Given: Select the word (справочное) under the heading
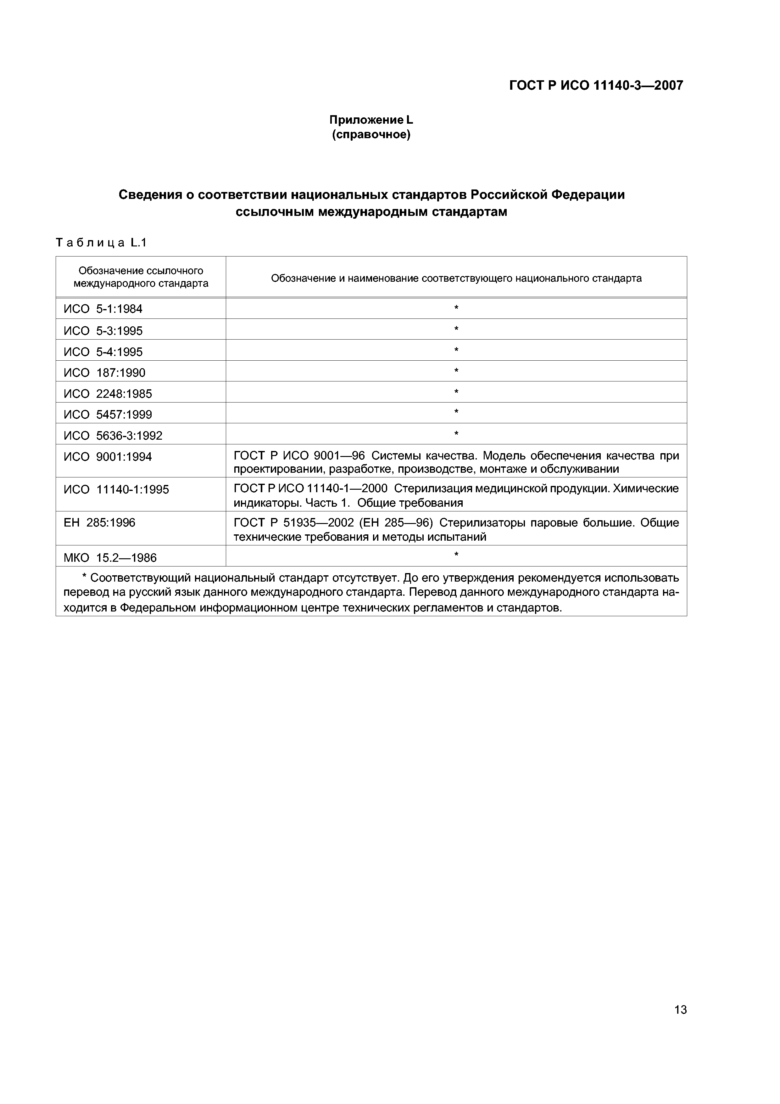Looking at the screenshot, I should click(371, 135).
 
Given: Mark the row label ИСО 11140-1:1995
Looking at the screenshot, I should click(116, 490).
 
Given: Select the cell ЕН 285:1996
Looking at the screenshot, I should click(99, 523).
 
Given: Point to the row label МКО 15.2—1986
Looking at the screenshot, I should click(110, 558).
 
